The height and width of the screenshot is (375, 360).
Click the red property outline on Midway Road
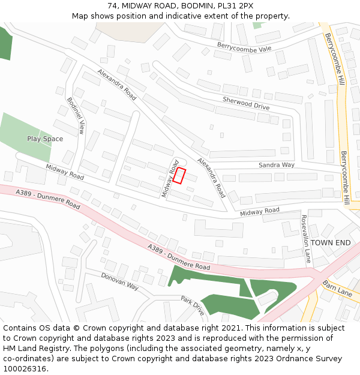click(179, 175)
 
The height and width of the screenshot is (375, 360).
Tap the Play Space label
click(45, 139)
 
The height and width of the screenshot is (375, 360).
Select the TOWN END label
click(331, 242)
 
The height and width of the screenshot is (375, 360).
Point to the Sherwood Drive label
click(246, 103)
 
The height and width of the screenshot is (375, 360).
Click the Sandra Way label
click(277, 164)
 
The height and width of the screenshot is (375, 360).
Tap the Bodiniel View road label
click(76, 115)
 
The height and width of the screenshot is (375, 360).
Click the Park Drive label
click(193, 305)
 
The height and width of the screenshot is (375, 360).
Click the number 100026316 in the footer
click(25, 368)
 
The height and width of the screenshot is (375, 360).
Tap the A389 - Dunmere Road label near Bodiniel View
click(48, 199)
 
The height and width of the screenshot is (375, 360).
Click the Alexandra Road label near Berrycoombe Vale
click(117, 85)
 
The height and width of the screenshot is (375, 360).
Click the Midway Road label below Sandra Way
click(260, 211)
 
